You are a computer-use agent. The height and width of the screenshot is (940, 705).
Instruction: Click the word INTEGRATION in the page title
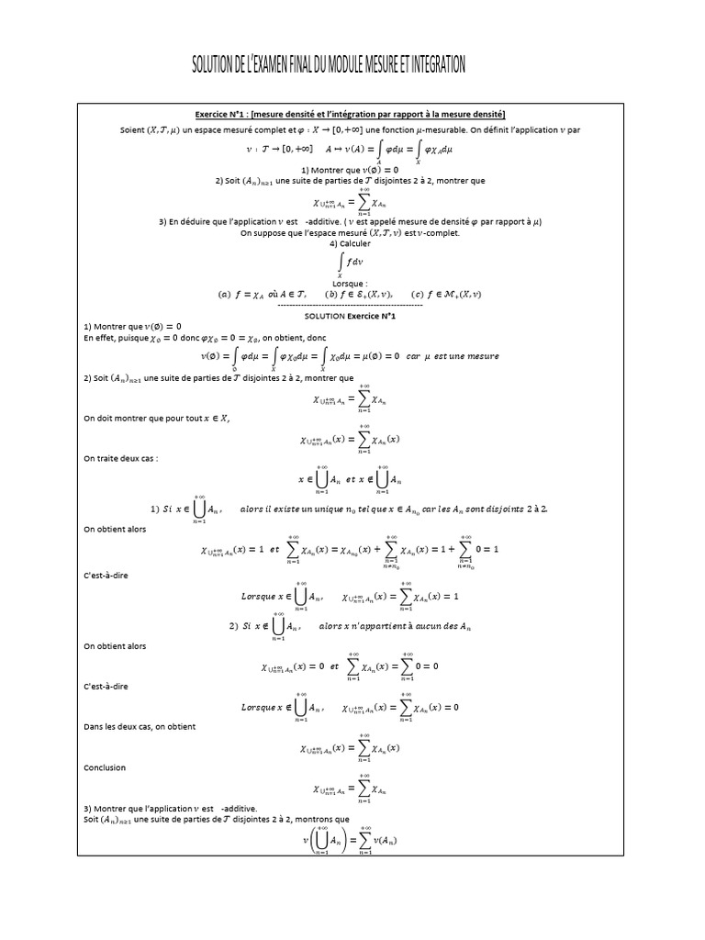click(x=431, y=65)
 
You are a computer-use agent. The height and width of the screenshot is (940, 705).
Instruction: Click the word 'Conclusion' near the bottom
click(x=105, y=767)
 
